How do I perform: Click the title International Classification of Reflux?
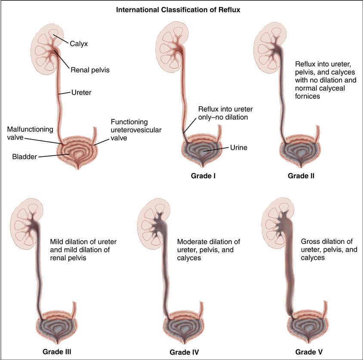click(x=181, y=8)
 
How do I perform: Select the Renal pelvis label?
click(x=90, y=70)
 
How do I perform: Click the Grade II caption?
click(x=301, y=176)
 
